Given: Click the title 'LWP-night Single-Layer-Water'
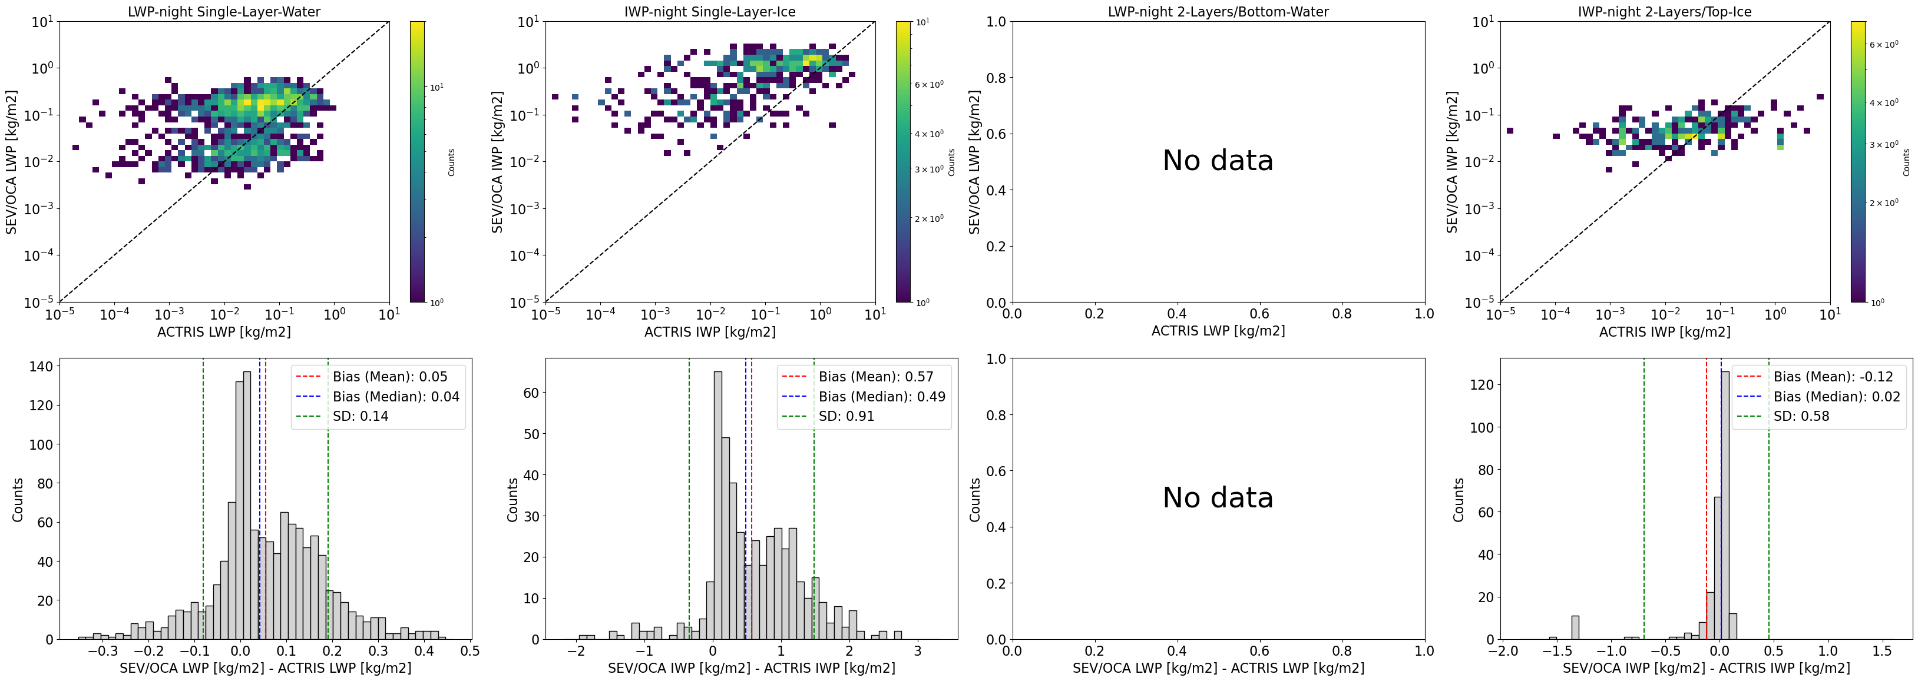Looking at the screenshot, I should coord(223,11).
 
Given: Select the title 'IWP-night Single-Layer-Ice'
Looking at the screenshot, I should coord(710,11).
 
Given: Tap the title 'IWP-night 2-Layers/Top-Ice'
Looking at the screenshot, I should coord(1664,11).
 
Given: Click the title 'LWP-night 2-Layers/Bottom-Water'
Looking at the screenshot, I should coord(1218,11).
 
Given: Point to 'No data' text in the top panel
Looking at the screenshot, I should coord(1218,161).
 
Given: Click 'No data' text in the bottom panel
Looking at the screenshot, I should coord(1218,498).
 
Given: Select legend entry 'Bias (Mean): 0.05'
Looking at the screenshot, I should coord(389,377).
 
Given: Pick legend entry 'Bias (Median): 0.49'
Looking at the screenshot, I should coord(882,397).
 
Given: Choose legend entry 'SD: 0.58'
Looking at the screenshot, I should coord(1800,416).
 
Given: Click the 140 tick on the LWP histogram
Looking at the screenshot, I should coord(41,366).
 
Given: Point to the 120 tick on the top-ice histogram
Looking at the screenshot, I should coord(1482,385).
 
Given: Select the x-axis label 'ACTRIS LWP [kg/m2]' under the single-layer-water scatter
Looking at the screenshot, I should coord(223,332).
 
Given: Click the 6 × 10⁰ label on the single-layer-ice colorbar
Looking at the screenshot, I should coord(928,85).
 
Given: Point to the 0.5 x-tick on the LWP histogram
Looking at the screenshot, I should coord(470,651).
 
